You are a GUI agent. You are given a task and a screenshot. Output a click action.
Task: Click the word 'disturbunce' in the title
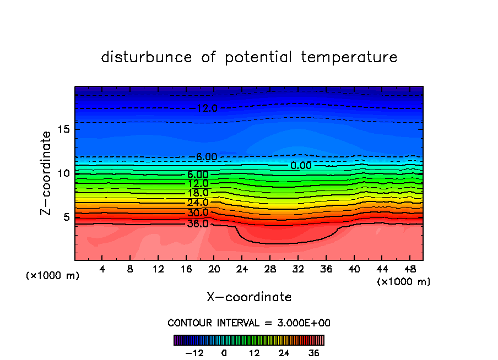pos(147,57)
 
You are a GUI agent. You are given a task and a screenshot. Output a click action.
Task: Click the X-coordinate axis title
pos(249,297)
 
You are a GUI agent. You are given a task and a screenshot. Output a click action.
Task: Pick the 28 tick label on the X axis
pos(269,269)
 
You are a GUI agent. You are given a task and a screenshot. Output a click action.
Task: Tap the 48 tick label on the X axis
pos(409,269)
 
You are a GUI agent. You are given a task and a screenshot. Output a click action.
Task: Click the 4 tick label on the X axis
pos(102,269)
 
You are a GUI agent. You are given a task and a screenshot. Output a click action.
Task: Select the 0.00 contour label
pos(301,165)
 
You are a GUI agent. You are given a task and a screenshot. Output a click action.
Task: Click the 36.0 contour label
pos(198,224)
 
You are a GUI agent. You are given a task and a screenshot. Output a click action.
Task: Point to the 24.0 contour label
pos(198,203)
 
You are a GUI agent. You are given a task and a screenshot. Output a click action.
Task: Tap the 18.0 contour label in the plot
pos(198,193)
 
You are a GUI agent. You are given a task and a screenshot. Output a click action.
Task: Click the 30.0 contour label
pos(198,213)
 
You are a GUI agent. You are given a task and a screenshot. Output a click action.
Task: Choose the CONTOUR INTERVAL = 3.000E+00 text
pos(249,323)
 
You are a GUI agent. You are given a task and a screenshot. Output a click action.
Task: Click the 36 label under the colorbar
pos(314,353)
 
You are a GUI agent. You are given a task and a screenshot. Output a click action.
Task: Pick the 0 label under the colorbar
pos(224,353)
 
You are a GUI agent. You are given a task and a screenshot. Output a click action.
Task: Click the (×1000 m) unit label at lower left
pos(53,276)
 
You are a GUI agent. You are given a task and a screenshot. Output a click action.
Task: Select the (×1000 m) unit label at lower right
pos(404,282)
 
